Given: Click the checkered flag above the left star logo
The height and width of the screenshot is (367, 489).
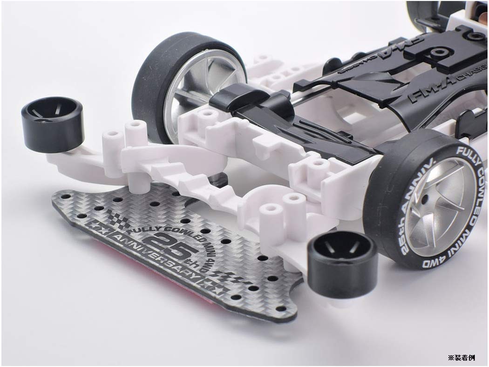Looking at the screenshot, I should coord(114,217).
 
